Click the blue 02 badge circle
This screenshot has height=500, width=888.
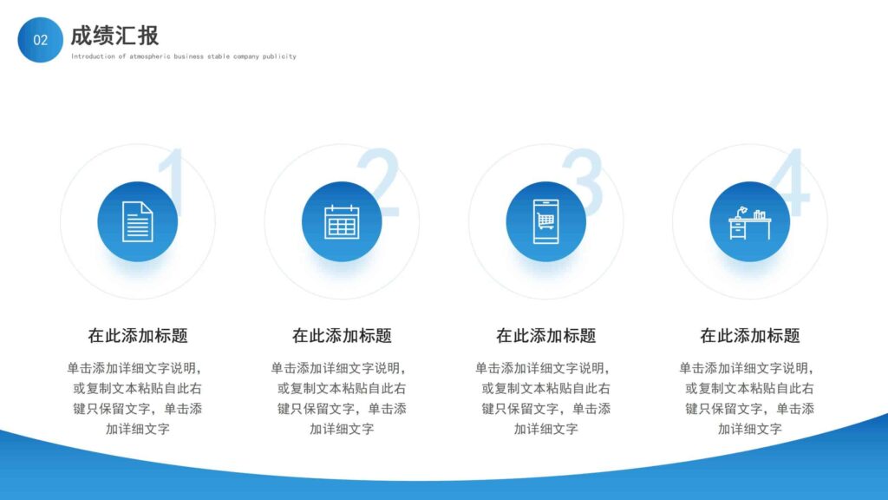(40, 40)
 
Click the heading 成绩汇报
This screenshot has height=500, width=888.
(114, 36)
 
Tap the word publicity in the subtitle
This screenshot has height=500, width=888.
(279, 56)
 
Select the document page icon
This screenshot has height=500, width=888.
(137, 221)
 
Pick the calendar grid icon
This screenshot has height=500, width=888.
(342, 221)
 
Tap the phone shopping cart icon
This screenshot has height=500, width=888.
(545, 221)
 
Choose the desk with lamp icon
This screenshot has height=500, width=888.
(749, 221)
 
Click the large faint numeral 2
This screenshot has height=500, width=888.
(379, 182)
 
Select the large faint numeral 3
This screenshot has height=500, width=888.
(583, 182)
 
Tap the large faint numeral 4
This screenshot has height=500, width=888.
(788, 182)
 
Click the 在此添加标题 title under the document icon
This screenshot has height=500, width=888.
(138, 336)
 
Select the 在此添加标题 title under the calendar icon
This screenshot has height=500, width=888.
(342, 336)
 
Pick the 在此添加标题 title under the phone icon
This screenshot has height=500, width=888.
(545, 336)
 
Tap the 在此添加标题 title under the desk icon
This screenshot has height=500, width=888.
(749, 336)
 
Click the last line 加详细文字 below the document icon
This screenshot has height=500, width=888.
(138, 429)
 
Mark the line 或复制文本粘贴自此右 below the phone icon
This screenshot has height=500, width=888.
(545, 388)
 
